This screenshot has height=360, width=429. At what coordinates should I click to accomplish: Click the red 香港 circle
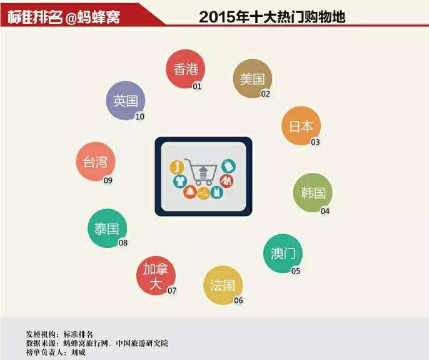186,69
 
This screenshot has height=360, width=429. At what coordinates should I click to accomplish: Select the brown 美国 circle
253,79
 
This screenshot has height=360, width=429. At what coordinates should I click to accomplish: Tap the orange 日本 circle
301,126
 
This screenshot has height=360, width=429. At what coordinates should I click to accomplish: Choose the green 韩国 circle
313,193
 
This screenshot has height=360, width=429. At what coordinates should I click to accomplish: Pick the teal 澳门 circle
283,254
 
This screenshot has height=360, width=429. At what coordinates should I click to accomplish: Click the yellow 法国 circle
223,285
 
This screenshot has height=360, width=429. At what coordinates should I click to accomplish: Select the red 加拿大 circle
156,275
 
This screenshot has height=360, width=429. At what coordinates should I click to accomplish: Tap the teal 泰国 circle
108,229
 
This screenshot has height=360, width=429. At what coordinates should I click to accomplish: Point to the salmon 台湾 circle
96,162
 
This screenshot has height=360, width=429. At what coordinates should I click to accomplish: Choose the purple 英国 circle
126,101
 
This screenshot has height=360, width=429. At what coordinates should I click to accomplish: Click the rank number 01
197,86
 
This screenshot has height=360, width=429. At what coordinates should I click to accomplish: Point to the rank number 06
238,301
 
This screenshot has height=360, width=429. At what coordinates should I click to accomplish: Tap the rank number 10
140,116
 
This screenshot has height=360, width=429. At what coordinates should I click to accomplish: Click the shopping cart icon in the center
201,172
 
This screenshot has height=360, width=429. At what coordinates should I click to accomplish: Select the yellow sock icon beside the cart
177,167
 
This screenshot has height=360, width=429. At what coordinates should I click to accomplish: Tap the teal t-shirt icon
180,182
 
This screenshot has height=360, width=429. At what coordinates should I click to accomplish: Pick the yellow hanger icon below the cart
203,193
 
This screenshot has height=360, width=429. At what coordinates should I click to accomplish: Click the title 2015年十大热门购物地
272,17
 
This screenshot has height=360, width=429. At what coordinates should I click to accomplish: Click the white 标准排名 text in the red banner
35,18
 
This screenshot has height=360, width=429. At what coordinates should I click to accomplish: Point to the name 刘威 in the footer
78,352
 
